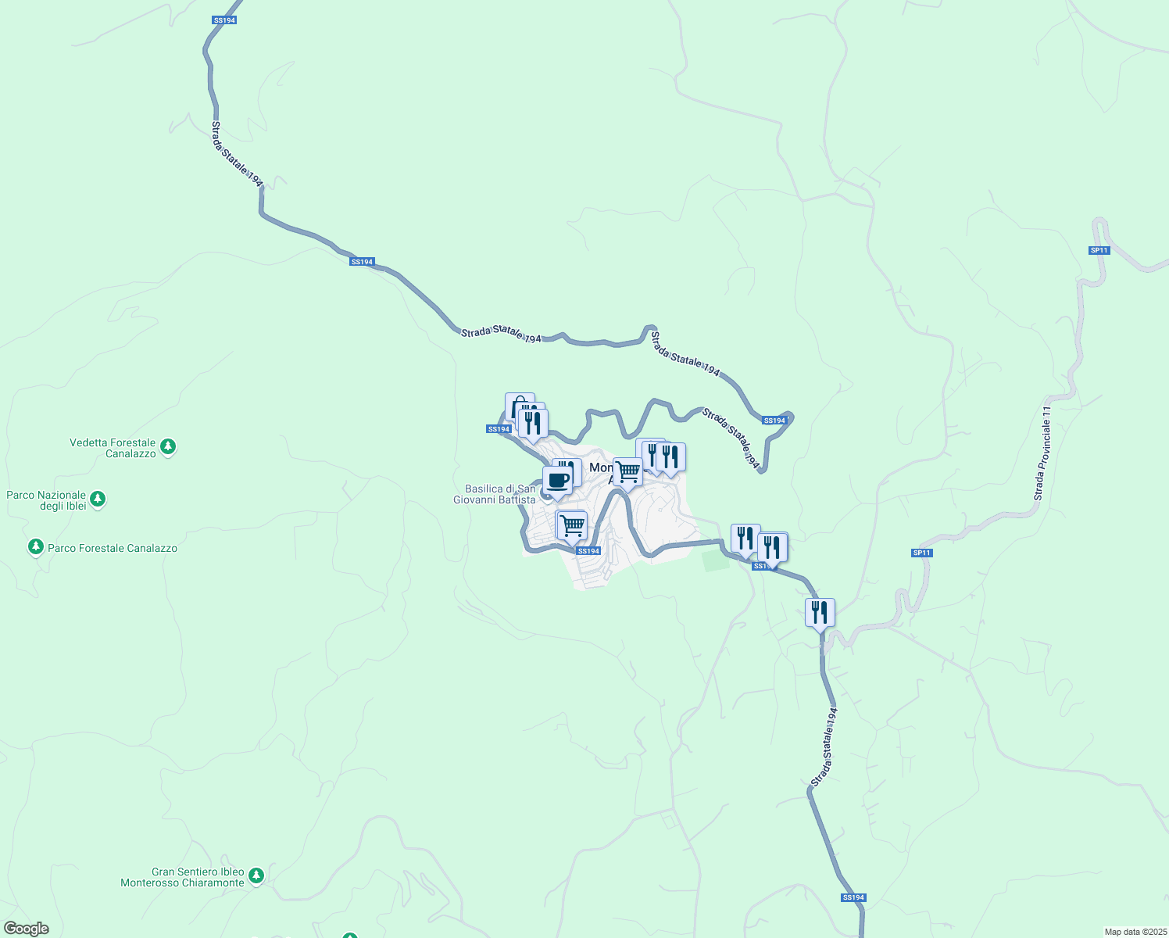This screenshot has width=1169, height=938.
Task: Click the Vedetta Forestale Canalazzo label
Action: tap(113, 448)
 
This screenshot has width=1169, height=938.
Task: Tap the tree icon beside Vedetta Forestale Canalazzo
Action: tap(168, 448)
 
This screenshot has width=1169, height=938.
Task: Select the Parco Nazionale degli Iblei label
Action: tap(46, 500)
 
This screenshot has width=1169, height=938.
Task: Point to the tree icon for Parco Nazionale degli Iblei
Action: tap(98, 499)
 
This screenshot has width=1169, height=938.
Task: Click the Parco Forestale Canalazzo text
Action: tap(113, 548)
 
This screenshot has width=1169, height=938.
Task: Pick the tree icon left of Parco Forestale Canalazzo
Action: tap(35, 546)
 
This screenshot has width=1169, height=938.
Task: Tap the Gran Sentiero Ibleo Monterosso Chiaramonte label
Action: tap(182, 877)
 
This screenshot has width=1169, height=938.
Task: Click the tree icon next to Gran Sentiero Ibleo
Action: tap(256, 876)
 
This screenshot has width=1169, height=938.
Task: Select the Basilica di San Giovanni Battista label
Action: tap(495, 494)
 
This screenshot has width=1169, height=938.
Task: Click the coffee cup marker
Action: tap(557, 480)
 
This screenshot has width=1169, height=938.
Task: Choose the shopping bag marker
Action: tap(519, 406)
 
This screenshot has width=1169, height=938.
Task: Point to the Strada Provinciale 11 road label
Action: tap(1044, 453)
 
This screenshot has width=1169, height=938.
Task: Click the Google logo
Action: tap(26, 929)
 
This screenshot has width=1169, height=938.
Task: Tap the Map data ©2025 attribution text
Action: tap(1135, 932)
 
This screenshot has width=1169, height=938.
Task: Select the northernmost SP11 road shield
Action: tap(1099, 250)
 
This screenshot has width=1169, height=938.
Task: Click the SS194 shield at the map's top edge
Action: tap(223, 20)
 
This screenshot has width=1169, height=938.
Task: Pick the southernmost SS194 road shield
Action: tap(853, 897)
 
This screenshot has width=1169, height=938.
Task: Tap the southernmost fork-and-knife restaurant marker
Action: tap(820, 612)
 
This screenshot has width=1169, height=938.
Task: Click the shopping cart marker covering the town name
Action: tap(627, 472)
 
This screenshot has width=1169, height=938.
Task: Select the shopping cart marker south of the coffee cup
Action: tap(572, 525)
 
